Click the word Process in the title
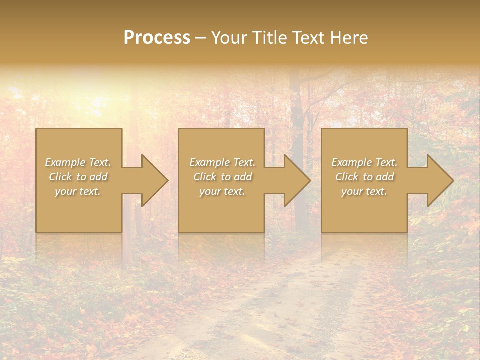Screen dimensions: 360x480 (x=157, y=38)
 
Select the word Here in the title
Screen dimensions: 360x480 (x=348, y=38)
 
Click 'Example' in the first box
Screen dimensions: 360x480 (x=65, y=162)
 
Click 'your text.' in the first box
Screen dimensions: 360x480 (x=78, y=191)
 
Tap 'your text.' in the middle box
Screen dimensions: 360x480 (x=222, y=191)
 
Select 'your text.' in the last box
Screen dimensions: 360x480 (x=364, y=191)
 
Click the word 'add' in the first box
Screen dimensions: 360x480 (x=98, y=177)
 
